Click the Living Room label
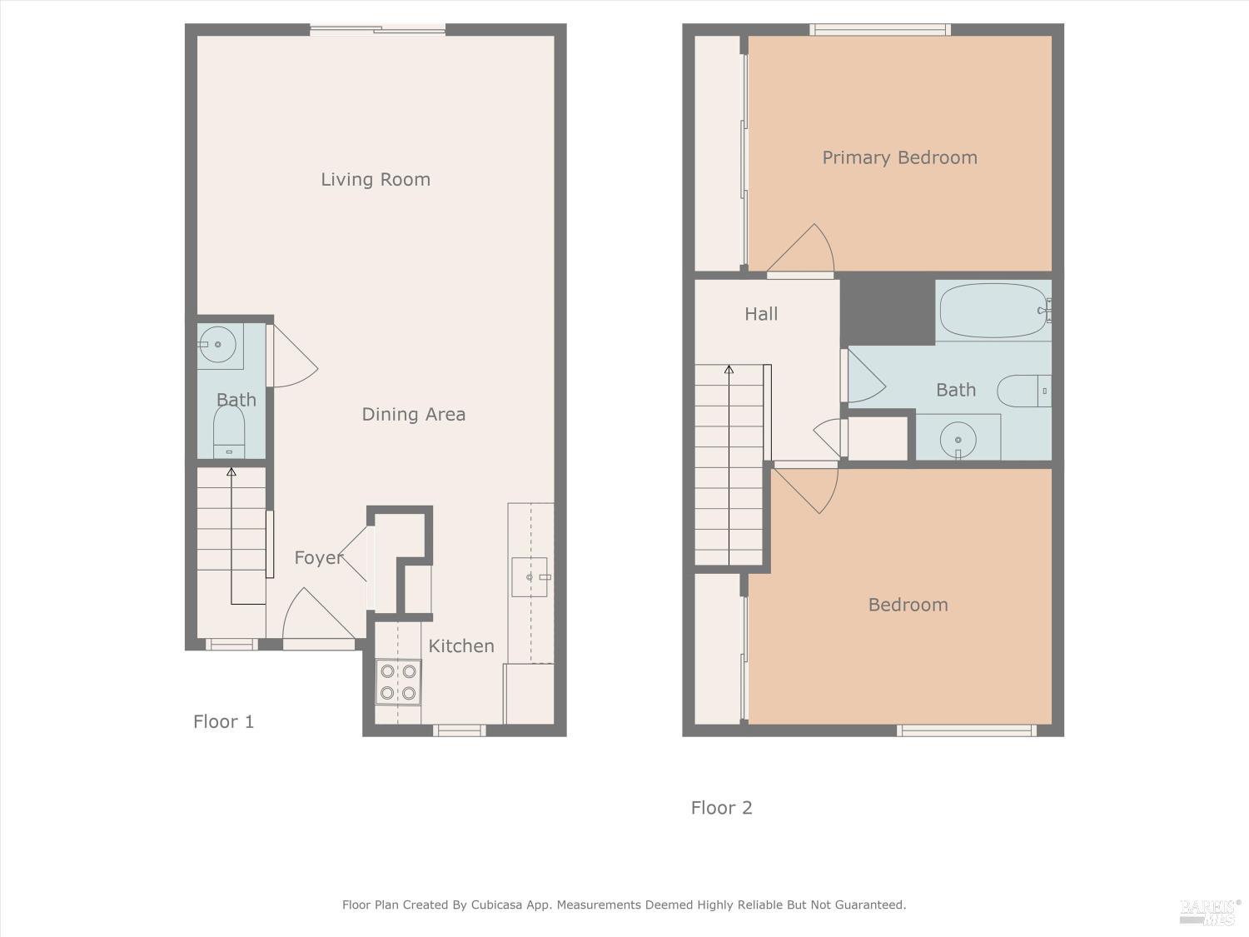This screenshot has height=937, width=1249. click(x=376, y=180)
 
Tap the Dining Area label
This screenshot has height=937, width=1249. click(x=414, y=414)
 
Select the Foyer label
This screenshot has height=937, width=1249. click(x=319, y=558)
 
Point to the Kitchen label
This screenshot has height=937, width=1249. click(x=461, y=646)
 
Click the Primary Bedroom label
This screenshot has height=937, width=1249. click(x=899, y=157)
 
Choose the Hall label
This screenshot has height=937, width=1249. click(x=761, y=314)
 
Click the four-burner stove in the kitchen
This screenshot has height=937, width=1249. click(x=398, y=682)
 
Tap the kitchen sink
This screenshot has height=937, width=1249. click(x=530, y=577)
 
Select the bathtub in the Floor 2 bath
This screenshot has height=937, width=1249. click(x=994, y=311)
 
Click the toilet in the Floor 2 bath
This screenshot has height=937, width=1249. click(x=1024, y=391)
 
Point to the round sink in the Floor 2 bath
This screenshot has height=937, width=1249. click(x=958, y=440)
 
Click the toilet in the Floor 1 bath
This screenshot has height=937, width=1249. click(x=229, y=431)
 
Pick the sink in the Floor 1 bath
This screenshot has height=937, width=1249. click(x=218, y=345)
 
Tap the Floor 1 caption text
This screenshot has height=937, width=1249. click(x=224, y=722)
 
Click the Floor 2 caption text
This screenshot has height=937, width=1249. click(x=722, y=808)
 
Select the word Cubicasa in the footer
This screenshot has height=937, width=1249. click(x=496, y=905)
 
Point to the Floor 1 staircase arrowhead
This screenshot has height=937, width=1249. click(x=231, y=471)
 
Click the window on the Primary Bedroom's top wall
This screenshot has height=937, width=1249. click(x=879, y=30)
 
